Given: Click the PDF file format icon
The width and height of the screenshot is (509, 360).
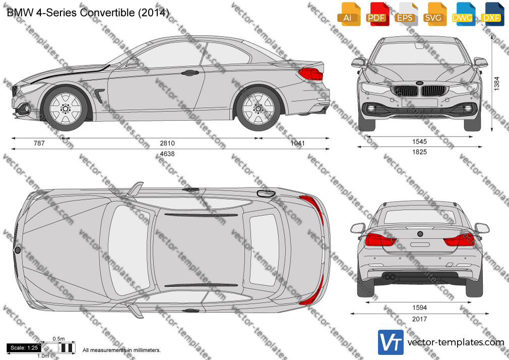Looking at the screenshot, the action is (x=377, y=14).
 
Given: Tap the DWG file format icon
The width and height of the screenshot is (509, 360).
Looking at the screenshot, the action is (x=464, y=14).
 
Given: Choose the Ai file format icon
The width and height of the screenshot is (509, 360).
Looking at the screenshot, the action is (x=349, y=14).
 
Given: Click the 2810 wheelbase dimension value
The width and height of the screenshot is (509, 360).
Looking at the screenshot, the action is (x=167, y=143).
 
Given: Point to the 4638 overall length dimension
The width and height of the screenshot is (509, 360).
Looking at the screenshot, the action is (x=167, y=154).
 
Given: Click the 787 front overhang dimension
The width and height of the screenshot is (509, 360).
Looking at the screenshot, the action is (x=39, y=143).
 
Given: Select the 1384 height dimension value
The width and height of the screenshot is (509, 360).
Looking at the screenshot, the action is (x=497, y=84).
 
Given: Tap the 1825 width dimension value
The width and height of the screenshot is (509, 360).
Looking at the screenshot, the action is (x=419, y=152).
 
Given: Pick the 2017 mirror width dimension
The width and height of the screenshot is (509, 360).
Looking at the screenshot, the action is (x=419, y=319).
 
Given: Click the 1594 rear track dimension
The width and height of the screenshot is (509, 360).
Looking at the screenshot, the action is (x=419, y=308).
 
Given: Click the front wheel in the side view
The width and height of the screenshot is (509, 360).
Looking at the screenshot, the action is (x=66, y=108).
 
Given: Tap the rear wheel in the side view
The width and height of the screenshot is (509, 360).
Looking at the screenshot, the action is (x=259, y=108).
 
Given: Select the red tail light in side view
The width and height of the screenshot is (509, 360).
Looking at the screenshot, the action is (x=310, y=74).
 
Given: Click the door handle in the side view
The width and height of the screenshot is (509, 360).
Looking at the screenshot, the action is (x=190, y=73).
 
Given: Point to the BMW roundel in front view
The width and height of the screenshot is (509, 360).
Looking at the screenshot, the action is (x=419, y=83).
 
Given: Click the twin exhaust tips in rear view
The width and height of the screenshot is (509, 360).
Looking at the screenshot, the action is (x=390, y=277).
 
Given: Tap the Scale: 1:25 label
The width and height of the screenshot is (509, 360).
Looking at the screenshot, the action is (x=24, y=348).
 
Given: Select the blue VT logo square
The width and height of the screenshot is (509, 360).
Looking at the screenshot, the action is (x=391, y=342).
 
